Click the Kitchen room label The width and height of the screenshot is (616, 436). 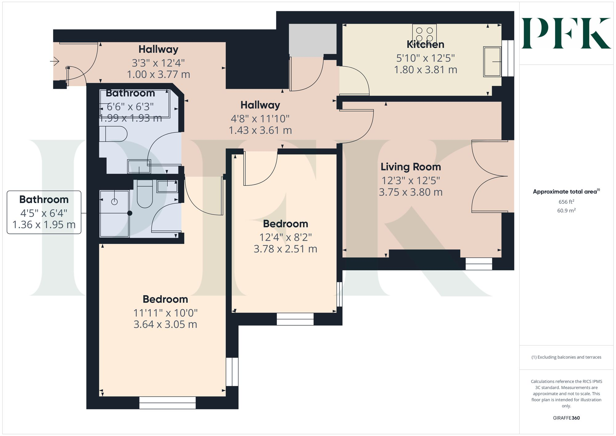[425, 44]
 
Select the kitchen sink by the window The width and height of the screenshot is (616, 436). [492, 62]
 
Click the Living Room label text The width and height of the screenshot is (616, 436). [411, 167]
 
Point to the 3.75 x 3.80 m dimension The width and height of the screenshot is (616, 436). [411, 192]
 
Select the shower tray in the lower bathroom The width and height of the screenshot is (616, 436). [114, 214]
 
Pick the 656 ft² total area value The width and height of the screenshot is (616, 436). [566, 202]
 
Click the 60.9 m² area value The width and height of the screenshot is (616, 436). [566, 211]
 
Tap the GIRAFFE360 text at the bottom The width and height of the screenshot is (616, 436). [566, 418]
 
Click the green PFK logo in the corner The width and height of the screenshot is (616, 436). [566, 33]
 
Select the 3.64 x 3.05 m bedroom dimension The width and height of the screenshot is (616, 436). [165, 324]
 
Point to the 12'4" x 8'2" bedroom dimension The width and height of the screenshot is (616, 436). [286, 237]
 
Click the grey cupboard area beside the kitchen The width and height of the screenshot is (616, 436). [312, 40]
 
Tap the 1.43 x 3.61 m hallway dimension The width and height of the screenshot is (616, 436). [260, 130]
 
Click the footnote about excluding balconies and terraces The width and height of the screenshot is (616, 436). [566, 357]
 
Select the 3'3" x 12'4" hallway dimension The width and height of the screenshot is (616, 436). [158, 63]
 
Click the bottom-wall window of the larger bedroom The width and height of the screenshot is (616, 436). [167, 402]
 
